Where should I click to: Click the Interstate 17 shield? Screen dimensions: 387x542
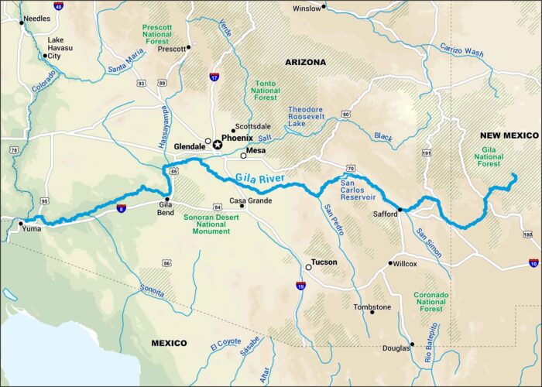pos(214,77)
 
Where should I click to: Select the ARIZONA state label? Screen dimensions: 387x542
pos(306,61)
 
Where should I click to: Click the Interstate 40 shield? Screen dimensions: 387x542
pos(58,6)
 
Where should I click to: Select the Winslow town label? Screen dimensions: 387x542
pos(306,9)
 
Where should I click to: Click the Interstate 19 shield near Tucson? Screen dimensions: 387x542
pos(300,286)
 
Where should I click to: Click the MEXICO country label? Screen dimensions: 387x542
pos(170,343)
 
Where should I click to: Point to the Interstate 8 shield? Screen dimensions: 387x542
pos(122,208)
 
